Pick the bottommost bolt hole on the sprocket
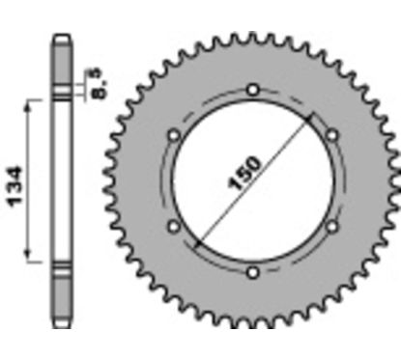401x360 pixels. pos(252,273)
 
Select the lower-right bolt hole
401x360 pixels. pos(331,227)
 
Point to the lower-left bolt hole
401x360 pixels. pos(173,227)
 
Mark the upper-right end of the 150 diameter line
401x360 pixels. pos(312,118)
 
